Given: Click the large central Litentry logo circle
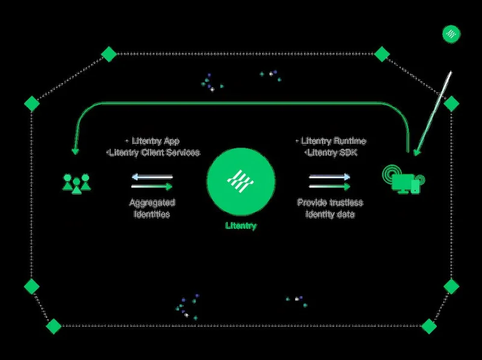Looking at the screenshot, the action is click(x=241, y=182).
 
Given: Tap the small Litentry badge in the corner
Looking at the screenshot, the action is click(x=451, y=34).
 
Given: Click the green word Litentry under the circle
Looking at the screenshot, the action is click(x=241, y=226).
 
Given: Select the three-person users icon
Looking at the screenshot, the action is click(x=77, y=184).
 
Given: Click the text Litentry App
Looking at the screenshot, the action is click(x=155, y=141).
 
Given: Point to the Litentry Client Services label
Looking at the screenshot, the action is click(x=154, y=152).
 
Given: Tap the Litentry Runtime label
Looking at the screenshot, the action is click(x=334, y=141).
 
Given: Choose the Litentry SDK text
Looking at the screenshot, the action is click(x=332, y=152).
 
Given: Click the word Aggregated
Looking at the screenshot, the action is click(x=152, y=203).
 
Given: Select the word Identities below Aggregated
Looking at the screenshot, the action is click(x=152, y=214).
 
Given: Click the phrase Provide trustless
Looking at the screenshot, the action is click(x=330, y=203).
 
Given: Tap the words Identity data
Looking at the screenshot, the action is click(x=330, y=214).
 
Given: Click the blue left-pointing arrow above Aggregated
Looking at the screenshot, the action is click(x=152, y=177).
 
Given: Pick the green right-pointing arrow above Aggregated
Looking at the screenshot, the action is click(x=152, y=186).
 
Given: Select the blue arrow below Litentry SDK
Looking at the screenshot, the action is click(x=330, y=176).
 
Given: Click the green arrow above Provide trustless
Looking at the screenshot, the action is click(x=330, y=186).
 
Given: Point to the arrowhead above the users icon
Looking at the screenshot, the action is click(x=75, y=152).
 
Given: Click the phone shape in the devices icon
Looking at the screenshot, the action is click(x=415, y=187).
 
